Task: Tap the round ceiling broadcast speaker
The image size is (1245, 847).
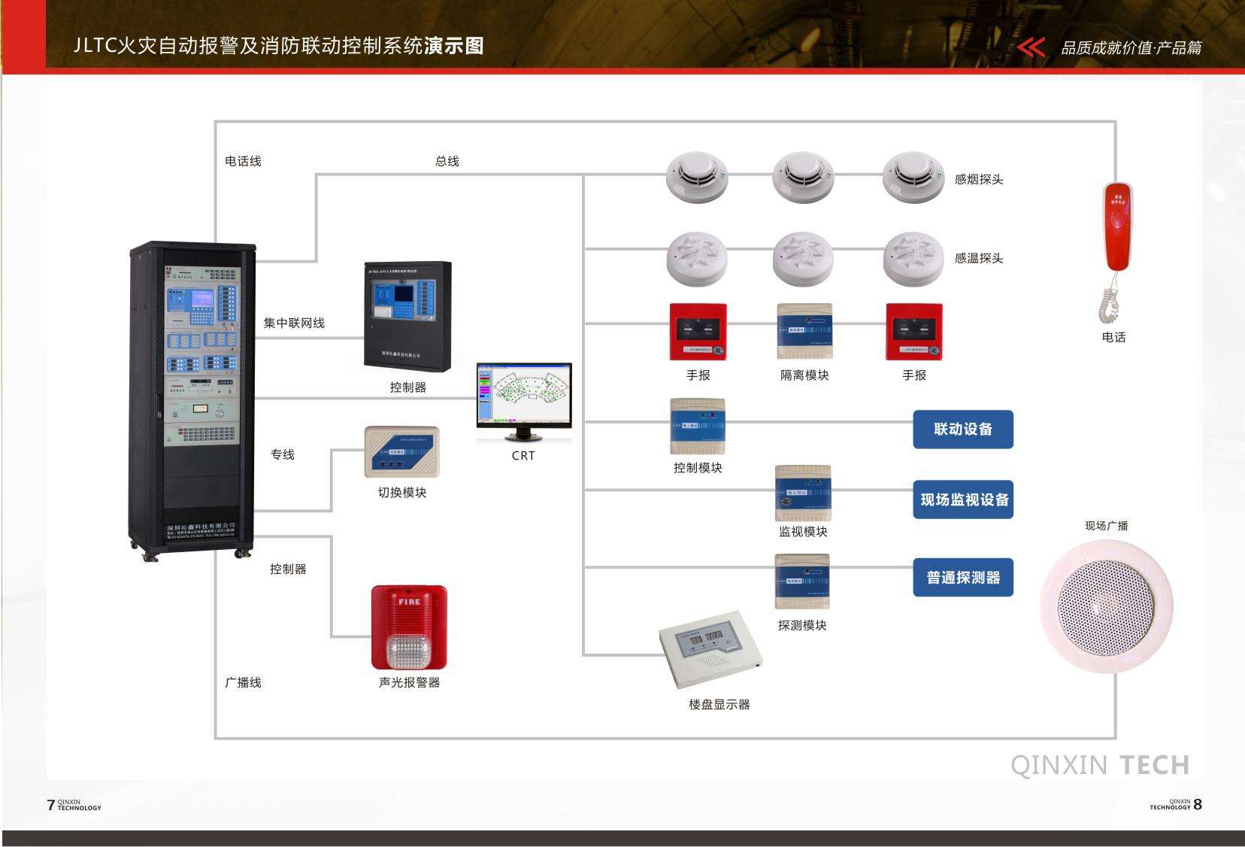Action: coord(1107,605)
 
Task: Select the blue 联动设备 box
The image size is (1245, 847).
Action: coord(963,430)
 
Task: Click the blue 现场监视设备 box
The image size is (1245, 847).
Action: coord(963,499)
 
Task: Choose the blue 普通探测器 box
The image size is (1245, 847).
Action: coord(963,578)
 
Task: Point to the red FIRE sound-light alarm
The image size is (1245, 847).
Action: coord(409,627)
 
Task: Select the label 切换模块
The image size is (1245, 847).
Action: coord(402,493)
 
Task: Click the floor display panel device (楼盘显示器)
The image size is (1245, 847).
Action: coord(710,649)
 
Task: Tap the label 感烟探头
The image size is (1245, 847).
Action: coord(979,179)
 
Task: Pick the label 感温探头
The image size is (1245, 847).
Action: coord(979,258)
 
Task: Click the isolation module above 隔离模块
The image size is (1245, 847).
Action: coord(804,332)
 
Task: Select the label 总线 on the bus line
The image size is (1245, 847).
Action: coord(447,161)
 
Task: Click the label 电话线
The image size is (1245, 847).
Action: coord(243,161)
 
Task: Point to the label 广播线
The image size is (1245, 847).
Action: coord(243,682)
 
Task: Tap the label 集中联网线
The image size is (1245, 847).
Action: coord(294,323)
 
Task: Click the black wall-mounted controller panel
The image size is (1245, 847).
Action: coord(407,315)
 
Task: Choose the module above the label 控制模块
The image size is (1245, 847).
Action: coord(698,427)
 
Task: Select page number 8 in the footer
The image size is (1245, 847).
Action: coord(1198,804)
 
